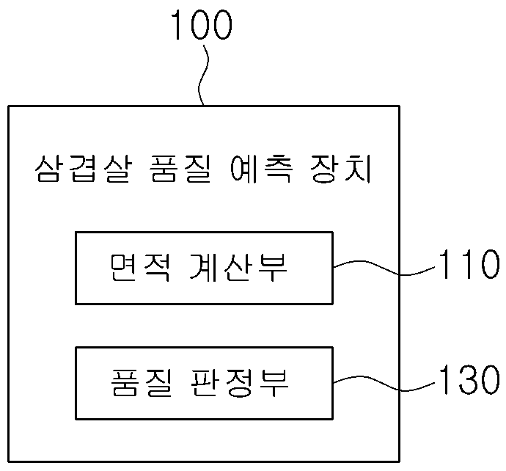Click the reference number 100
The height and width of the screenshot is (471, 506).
(202, 24)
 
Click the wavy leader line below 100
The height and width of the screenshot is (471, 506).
(202, 76)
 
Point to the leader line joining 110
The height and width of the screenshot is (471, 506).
(384, 267)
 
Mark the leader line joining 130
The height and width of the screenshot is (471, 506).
(384, 383)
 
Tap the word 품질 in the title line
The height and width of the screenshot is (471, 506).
(181, 169)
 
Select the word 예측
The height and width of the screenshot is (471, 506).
(262, 169)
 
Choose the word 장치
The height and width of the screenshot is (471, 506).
(341, 169)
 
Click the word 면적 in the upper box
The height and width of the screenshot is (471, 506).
(139, 268)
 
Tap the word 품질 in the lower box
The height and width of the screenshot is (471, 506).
(141, 383)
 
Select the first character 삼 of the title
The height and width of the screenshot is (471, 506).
(48, 169)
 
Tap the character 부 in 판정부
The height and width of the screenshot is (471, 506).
(274, 383)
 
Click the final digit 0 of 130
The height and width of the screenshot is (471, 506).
(490, 379)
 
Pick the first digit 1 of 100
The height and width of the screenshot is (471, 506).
(177, 24)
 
